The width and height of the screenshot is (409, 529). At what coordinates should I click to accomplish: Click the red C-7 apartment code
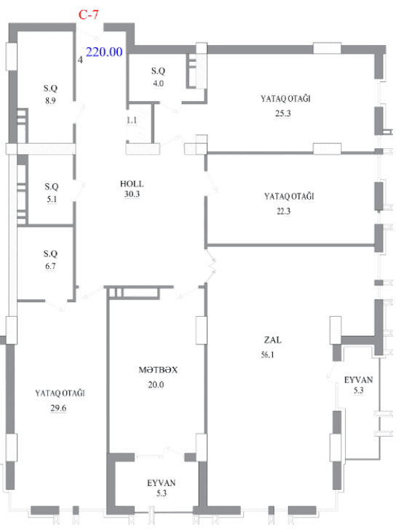[x=89, y=15]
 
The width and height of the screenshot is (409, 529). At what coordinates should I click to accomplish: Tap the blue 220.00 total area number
[x=104, y=52]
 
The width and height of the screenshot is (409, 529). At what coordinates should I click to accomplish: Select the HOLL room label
[x=132, y=184]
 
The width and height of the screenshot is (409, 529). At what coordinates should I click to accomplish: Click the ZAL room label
[x=273, y=340]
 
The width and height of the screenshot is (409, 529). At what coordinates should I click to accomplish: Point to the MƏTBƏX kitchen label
[x=158, y=370]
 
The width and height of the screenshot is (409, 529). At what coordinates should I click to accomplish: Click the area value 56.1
[x=267, y=355]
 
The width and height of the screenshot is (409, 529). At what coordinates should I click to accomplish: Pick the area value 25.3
[x=283, y=113]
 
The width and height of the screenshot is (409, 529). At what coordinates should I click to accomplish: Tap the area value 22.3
[x=284, y=211]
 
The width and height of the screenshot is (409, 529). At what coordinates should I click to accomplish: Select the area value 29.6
[x=58, y=408]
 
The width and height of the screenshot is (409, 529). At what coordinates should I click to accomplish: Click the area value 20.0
[x=156, y=384]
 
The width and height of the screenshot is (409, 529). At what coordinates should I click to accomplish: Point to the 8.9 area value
[x=50, y=100]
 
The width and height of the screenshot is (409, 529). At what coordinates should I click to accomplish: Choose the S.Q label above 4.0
[x=158, y=71]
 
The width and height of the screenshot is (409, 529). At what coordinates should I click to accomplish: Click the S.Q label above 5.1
[x=52, y=187]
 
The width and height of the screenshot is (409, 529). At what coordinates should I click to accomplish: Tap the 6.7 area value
[x=50, y=266]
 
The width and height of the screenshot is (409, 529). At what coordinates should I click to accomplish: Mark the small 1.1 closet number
[x=132, y=120]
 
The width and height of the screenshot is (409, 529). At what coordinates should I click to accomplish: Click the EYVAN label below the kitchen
[x=162, y=483]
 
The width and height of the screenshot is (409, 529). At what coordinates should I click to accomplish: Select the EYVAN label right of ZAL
[x=358, y=380]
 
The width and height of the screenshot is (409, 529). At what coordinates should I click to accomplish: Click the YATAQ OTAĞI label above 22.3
[x=289, y=196]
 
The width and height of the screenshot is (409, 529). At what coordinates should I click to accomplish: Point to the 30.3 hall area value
[x=132, y=194]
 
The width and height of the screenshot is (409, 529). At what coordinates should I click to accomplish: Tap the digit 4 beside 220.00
[x=80, y=60]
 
